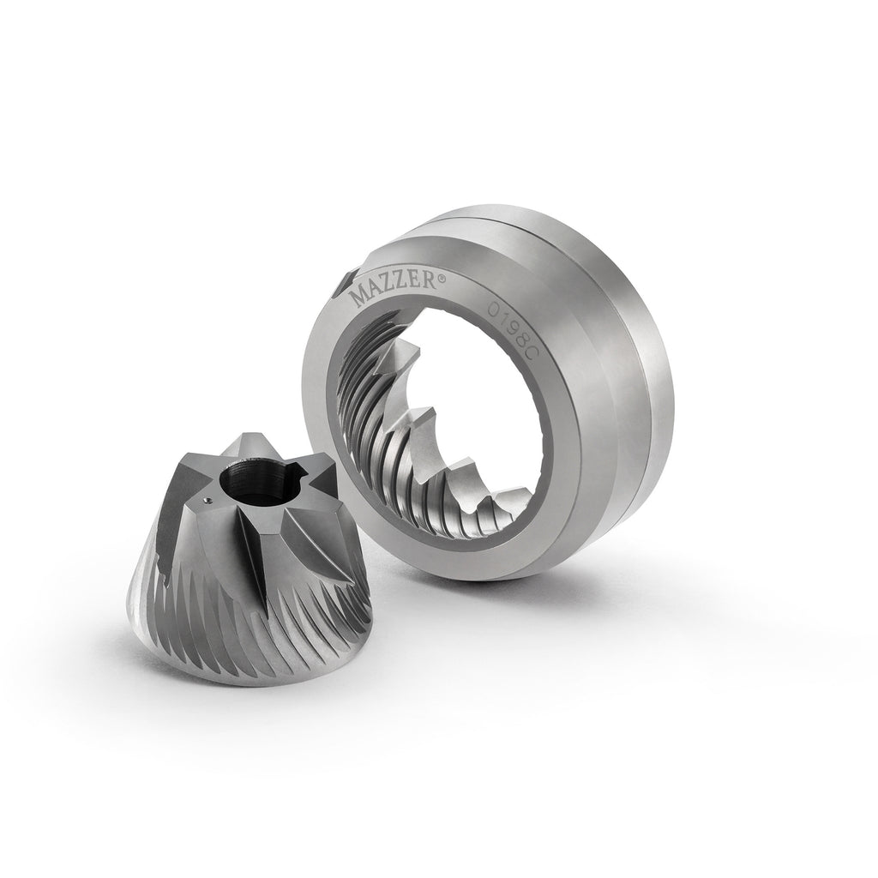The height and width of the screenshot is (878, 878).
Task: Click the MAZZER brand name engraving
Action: (x=394, y=288)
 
